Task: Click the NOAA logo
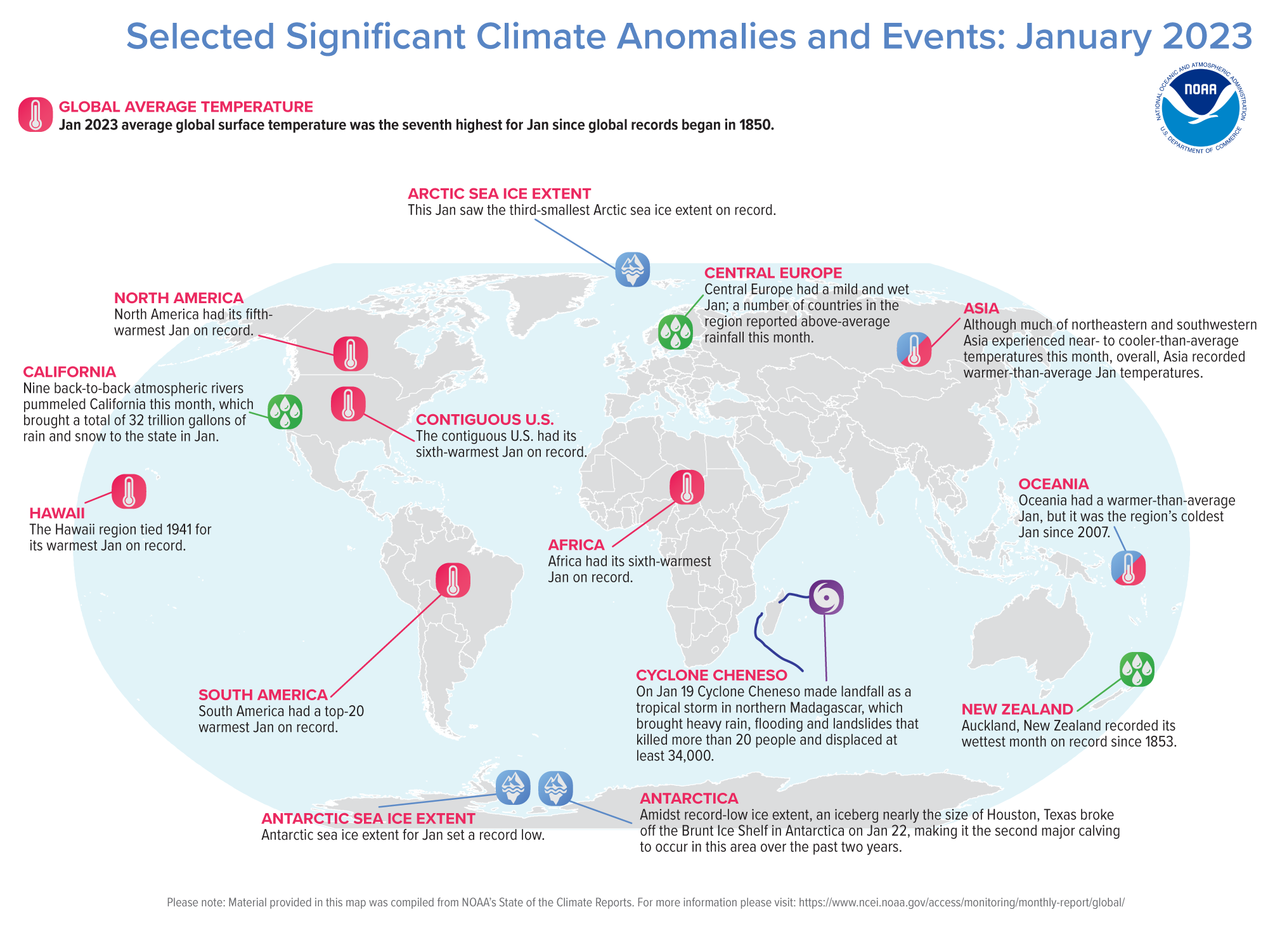tap(1200, 108)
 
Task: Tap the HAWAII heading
tap(57, 513)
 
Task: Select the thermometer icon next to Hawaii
tap(129, 492)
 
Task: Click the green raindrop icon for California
tap(285, 412)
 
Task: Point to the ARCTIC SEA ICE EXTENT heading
tap(499, 194)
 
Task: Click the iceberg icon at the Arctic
tap(632, 270)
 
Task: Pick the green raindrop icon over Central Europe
tap(675, 332)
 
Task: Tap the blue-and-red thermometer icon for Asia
tap(914, 349)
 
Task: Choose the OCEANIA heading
tap(1053, 484)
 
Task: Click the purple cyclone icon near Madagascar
tap(826, 597)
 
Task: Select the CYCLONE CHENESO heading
tap(711, 675)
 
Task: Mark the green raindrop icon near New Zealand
tap(1137, 670)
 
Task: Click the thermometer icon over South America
tap(453, 580)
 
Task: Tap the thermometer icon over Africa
tap(687, 488)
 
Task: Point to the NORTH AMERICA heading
tap(179, 298)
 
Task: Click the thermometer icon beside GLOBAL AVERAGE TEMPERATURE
tap(36, 115)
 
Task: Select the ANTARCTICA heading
tap(689, 799)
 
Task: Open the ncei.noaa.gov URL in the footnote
tap(961, 903)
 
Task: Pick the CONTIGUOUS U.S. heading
tap(485, 420)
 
